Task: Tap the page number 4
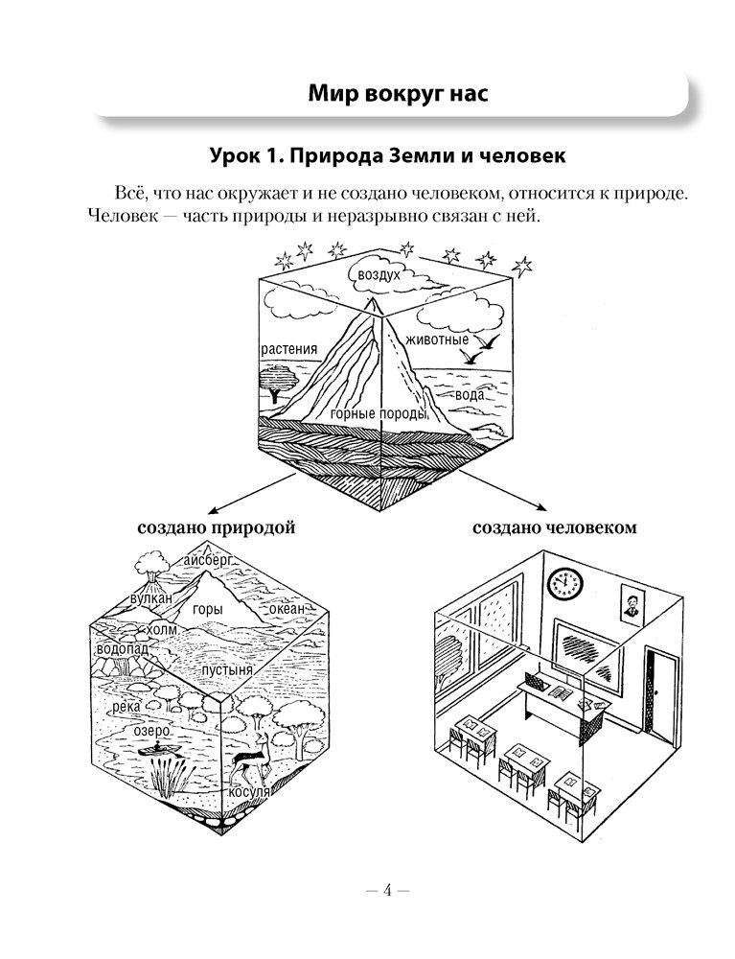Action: pos(388,890)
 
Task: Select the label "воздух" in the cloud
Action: pos(379,274)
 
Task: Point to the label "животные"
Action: pos(437,339)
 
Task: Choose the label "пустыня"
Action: pos(226,670)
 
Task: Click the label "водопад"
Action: pos(120,650)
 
